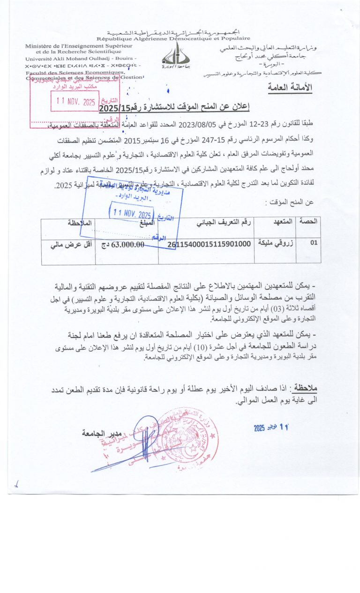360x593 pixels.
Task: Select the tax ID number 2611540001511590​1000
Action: tap(209, 244)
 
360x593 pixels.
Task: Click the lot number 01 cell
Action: tap(314, 244)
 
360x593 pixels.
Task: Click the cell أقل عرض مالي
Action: tap(68, 244)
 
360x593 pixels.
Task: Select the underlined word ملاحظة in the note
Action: tap(304, 388)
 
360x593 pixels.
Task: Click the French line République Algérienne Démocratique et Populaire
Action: tap(173, 38)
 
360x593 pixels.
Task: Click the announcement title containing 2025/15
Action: tap(174, 108)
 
